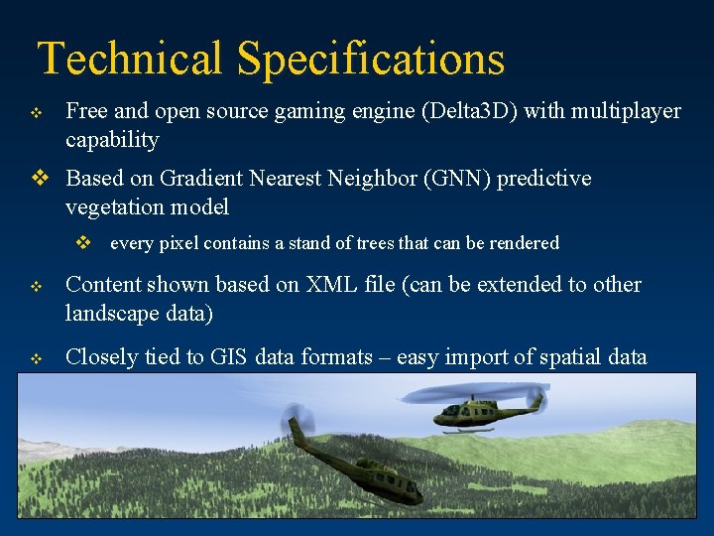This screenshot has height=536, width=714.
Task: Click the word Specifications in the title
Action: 371,59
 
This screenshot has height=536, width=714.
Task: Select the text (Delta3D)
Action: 471,111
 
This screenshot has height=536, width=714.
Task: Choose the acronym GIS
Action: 230,357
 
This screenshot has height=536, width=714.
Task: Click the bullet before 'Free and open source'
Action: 36,113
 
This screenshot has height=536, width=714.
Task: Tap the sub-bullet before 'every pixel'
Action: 84,243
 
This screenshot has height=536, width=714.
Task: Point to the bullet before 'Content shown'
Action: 36,287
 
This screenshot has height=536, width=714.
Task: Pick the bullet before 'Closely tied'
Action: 36,359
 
